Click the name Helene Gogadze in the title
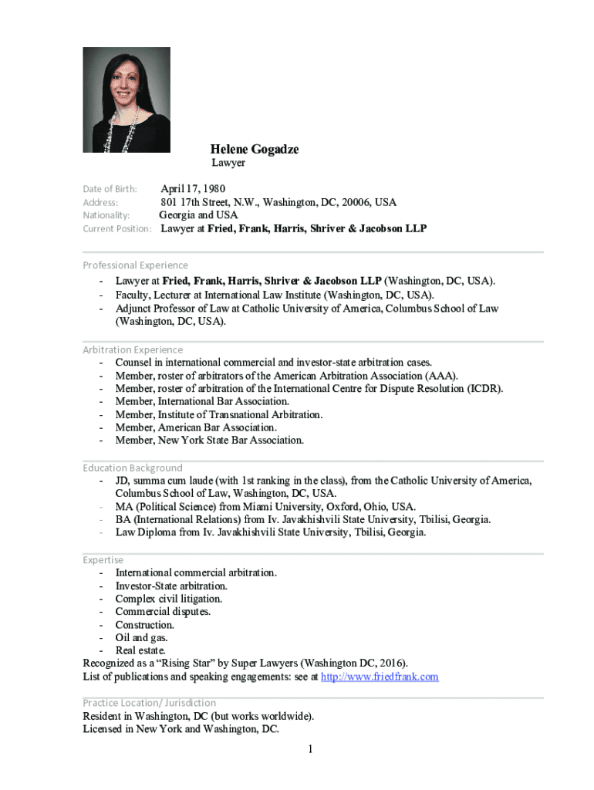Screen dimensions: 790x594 pyautogui.click(x=255, y=149)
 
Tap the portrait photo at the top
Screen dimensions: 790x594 pyautogui.click(x=127, y=100)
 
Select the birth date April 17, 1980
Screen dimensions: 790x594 pyautogui.click(x=193, y=189)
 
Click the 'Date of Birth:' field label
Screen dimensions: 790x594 pyautogui.click(x=110, y=189)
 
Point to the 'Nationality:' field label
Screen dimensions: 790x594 pyautogui.click(x=106, y=215)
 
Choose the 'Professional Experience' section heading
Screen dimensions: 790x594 pyautogui.click(x=135, y=265)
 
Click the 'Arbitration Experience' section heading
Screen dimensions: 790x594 pyautogui.click(x=133, y=349)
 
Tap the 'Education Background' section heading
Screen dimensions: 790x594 pyautogui.click(x=133, y=468)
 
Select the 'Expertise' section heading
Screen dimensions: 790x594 pyautogui.click(x=103, y=559)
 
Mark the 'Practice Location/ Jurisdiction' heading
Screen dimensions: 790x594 pyautogui.click(x=149, y=703)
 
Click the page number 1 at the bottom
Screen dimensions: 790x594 pyautogui.click(x=309, y=749)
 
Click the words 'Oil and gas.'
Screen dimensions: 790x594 pyautogui.click(x=141, y=638)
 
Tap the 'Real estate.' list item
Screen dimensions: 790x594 pyautogui.click(x=140, y=651)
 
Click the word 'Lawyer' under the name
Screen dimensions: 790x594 pyautogui.click(x=228, y=163)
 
